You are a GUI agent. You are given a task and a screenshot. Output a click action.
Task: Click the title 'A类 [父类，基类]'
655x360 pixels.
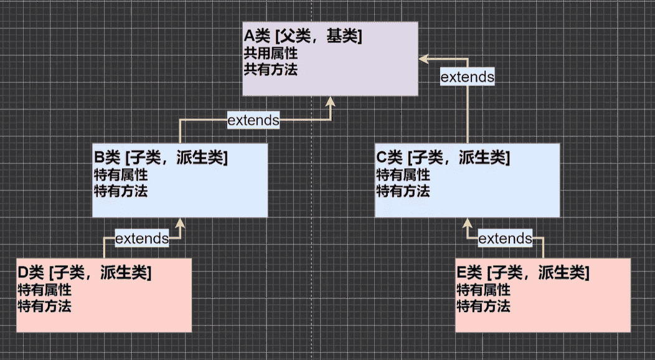[x=303, y=37]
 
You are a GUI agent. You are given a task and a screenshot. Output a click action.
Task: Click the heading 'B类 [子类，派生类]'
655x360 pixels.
[x=160, y=158]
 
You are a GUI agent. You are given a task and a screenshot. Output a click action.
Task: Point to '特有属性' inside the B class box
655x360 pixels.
[x=120, y=175]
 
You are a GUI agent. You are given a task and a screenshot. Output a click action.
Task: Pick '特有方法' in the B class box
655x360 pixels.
[x=120, y=191]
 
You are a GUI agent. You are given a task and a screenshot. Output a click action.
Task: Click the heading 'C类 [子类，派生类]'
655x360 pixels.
[x=443, y=158]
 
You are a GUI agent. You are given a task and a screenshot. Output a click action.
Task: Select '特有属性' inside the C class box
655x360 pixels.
[x=403, y=175]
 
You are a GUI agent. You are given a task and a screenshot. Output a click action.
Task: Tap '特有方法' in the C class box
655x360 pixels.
[x=403, y=191]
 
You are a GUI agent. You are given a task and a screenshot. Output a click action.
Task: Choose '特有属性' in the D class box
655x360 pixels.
[x=44, y=290]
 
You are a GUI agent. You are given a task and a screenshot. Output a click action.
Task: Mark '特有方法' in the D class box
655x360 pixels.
[x=44, y=306]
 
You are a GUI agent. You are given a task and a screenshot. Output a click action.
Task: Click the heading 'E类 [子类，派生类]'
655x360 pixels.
[x=523, y=272]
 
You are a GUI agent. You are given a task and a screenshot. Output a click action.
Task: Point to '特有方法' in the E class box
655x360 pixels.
[x=484, y=306]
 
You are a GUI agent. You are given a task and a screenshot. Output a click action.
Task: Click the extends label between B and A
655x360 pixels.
[x=253, y=120]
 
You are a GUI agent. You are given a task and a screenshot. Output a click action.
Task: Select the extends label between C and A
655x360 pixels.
[x=467, y=77]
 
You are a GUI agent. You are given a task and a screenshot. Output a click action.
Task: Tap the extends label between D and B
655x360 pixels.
[x=142, y=238]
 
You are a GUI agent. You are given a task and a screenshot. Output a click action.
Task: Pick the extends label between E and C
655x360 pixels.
[x=505, y=239]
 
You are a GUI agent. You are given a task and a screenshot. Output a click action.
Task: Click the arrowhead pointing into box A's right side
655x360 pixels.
[x=423, y=59]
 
